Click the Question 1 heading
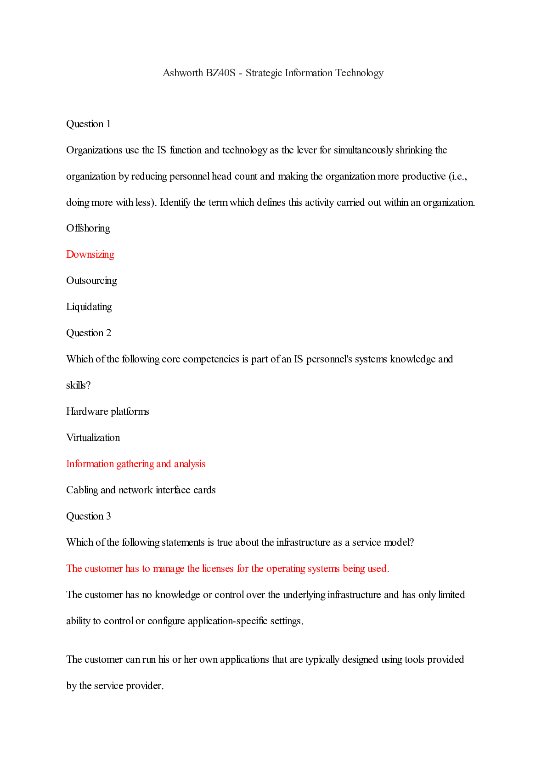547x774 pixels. tap(89, 124)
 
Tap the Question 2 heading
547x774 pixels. tap(89, 333)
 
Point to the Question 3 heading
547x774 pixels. tap(89, 516)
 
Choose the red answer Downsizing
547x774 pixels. tap(90, 254)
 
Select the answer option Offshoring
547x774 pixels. tap(88, 228)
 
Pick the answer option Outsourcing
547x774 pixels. tap(91, 281)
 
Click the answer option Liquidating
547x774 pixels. tap(89, 307)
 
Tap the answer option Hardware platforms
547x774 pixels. tap(107, 412)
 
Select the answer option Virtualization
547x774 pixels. tap(93, 438)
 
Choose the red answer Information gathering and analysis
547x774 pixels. tap(136, 464)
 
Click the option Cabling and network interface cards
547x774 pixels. tap(141, 490)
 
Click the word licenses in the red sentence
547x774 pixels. tap(218, 569)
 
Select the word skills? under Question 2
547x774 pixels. tap(79, 385)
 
